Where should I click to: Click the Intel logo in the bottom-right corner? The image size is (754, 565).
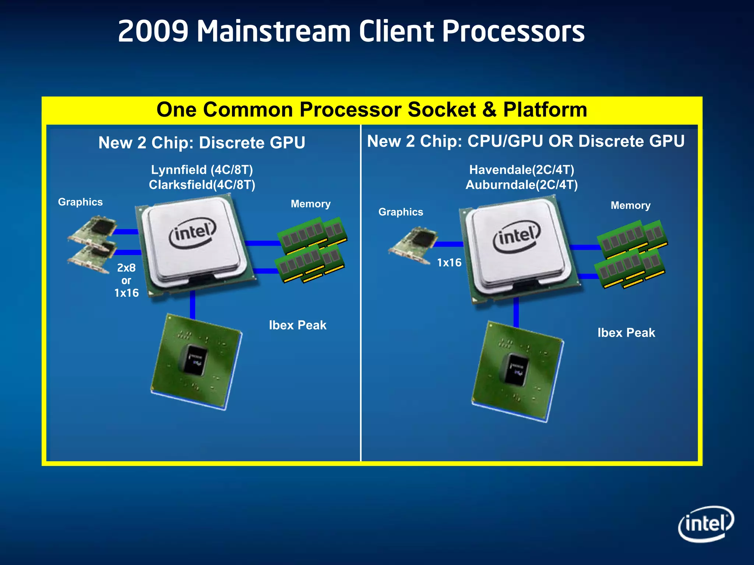pyautogui.click(x=706, y=524)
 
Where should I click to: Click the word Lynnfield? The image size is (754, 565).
pyautogui.click(x=179, y=170)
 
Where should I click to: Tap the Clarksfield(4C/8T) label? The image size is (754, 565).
pyautogui.click(x=202, y=185)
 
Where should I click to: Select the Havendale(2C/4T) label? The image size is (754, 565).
pyautogui.click(x=522, y=170)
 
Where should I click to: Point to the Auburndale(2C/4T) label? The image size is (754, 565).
pyautogui.click(x=522, y=185)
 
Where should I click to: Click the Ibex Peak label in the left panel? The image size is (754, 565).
pyautogui.click(x=297, y=325)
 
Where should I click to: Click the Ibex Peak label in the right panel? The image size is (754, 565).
pyautogui.click(x=626, y=333)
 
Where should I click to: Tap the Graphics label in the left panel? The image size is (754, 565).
pyautogui.click(x=80, y=202)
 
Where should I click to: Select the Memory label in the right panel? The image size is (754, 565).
pyautogui.click(x=630, y=206)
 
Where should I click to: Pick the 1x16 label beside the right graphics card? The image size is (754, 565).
pyautogui.click(x=449, y=263)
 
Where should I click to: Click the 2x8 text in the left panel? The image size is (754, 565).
pyautogui.click(x=126, y=268)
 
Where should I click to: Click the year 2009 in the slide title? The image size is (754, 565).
pyautogui.click(x=153, y=31)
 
